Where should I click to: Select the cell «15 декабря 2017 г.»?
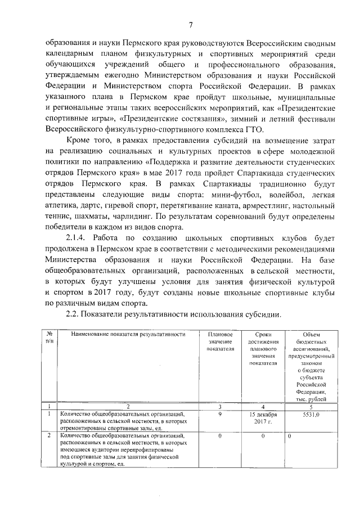click(263, 418)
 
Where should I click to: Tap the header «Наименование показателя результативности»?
click(128, 334)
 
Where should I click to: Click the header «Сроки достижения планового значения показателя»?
click(263, 348)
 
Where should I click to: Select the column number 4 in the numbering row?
click(263, 406)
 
